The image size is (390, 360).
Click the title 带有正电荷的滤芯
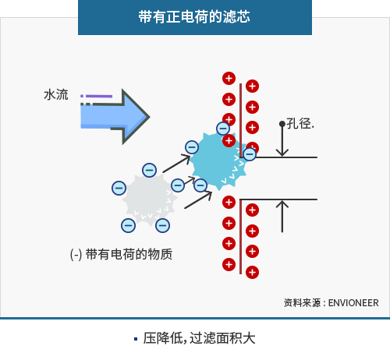point(194,17)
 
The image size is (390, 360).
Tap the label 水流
point(56,94)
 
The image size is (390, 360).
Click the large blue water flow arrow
point(115,117)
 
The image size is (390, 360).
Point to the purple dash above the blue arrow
point(99,97)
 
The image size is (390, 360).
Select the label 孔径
point(300,123)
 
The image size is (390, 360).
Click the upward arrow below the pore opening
point(282,216)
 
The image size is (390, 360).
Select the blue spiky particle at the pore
point(218,161)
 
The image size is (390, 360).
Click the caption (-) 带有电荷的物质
point(121,254)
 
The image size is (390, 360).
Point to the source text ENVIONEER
point(353,303)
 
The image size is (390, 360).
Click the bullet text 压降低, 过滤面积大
point(199,338)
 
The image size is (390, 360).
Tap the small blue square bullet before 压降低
point(136,339)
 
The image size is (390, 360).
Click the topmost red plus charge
point(229,78)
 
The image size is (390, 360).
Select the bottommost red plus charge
point(252,272)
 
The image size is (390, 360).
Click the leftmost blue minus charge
point(119,188)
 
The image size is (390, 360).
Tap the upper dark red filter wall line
point(241,120)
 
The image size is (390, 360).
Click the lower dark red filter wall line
point(241,237)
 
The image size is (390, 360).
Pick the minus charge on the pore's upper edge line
point(250,154)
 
